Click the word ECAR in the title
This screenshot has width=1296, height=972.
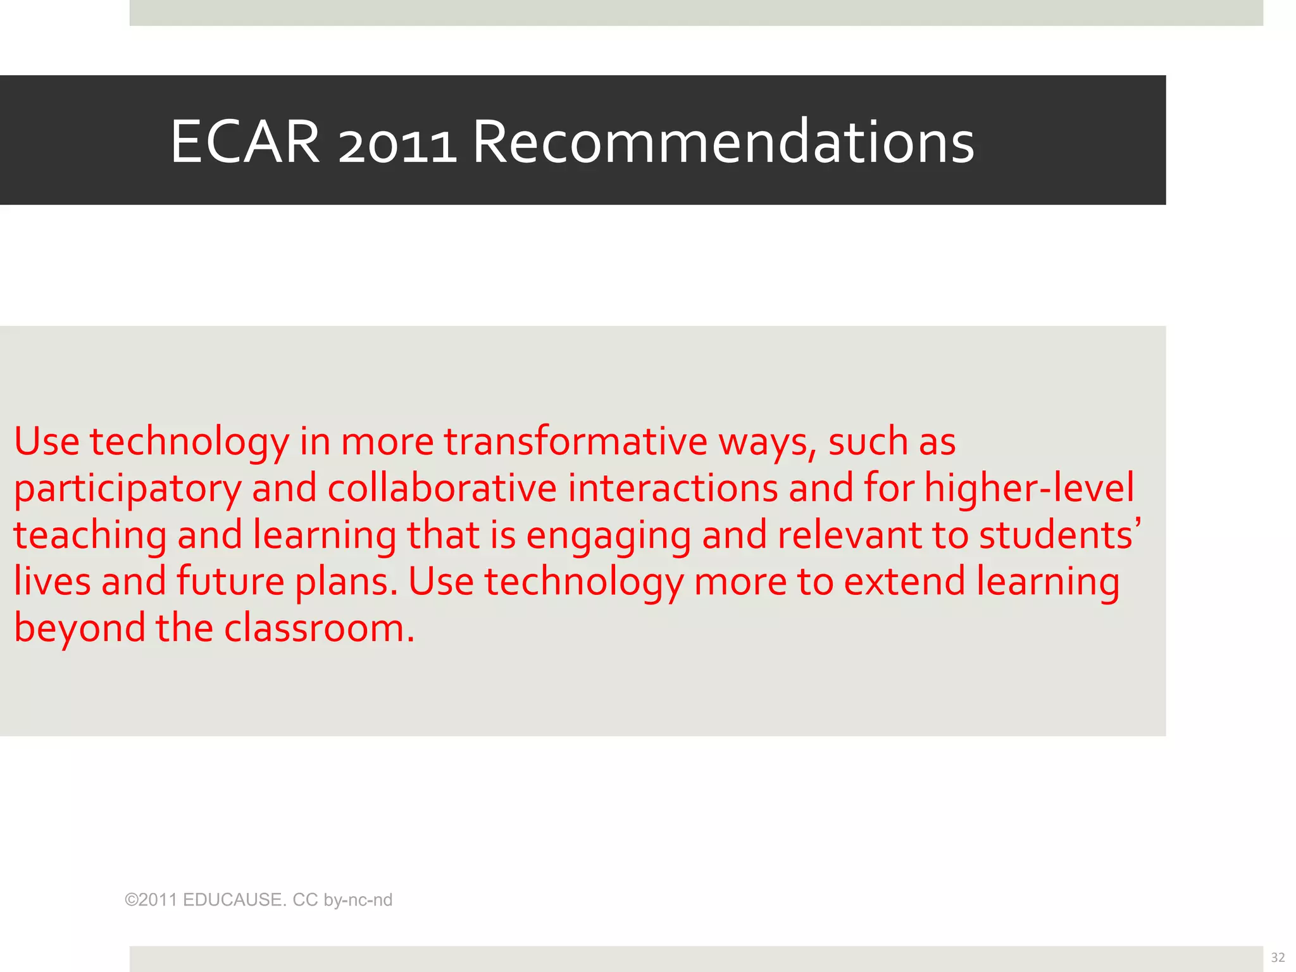[245, 142]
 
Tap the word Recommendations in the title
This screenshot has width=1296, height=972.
[723, 142]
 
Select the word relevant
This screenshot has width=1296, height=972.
[849, 535]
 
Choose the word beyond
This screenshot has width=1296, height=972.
[80, 630]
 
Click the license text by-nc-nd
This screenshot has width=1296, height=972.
[358, 900]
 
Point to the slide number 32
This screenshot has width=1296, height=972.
[1278, 957]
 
